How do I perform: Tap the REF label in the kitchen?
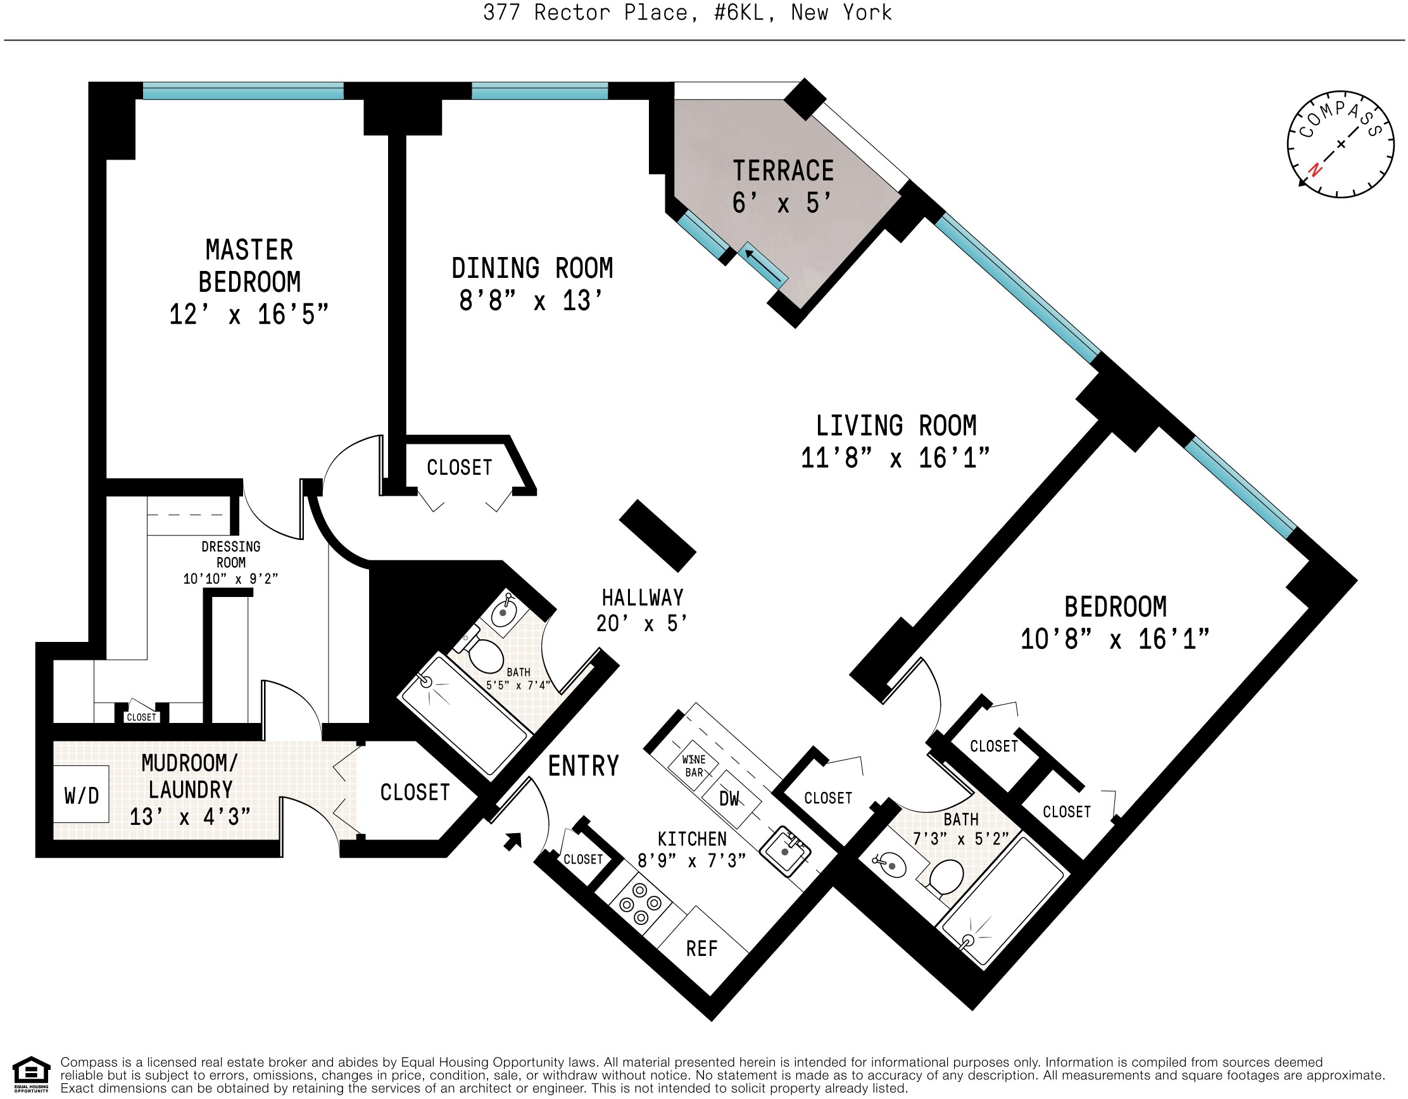pyautogui.click(x=701, y=949)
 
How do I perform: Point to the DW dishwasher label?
pyautogui.click(x=729, y=800)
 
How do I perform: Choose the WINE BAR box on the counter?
pyautogui.click(x=694, y=766)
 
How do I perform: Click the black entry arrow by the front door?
pyautogui.click(x=513, y=841)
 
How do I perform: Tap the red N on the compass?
pyautogui.click(x=1315, y=170)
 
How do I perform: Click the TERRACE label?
pyautogui.click(x=783, y=171)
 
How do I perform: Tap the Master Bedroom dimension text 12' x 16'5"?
pyautogui.click(x=249, y=315)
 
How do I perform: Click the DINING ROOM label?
pyautogui.click(x=532, y=268)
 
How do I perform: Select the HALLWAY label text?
pyautogui.click(x=643, y=598)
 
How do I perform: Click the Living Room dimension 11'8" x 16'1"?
pyautogui.click(x=895, y=458)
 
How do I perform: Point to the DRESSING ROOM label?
pyautogui.click(x=231, y=555)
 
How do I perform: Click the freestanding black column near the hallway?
pyautogui.click(x=658, y=536)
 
